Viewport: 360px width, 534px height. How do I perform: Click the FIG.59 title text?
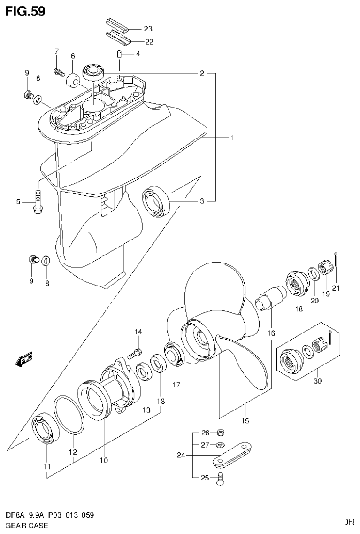[25, 11]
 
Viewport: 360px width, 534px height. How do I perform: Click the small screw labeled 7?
[58, 72]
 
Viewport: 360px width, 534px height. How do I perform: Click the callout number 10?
[103, 460]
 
